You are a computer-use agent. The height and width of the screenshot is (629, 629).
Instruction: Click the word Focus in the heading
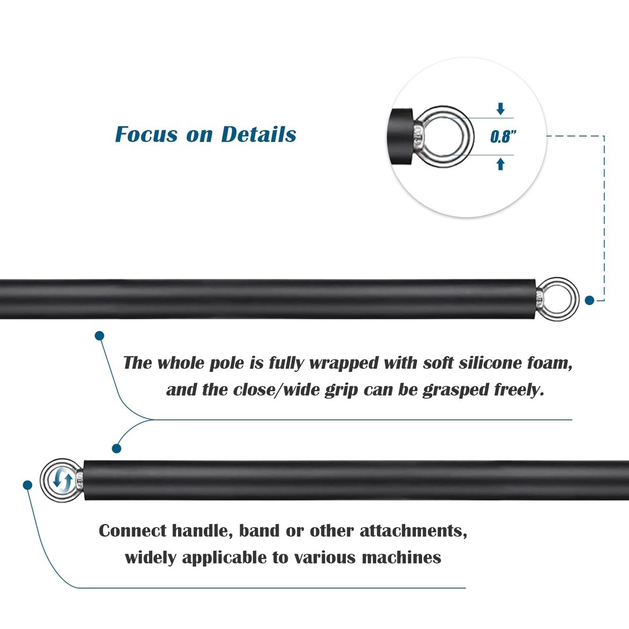[146, 134]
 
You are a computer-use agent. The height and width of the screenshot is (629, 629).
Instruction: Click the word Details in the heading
[259, 134]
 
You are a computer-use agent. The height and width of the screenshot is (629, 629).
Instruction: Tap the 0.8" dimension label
[503, 136]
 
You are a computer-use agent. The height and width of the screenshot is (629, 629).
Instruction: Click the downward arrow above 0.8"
[500, 109]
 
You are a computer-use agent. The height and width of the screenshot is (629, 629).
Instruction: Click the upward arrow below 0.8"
[500, 164]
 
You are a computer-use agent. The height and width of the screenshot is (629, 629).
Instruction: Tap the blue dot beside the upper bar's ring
[589, 300]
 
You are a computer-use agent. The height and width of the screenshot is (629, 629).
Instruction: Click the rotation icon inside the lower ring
[63, 479]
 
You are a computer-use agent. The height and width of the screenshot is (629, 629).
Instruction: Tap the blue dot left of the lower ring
[27, 486]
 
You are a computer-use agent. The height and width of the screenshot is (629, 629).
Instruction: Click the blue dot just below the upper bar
[99, 336]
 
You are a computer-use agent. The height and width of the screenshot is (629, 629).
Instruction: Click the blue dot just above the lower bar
[116, 448]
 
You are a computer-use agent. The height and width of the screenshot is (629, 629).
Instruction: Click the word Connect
[132, 531]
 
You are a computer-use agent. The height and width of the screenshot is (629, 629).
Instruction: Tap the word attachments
[413, 531]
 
